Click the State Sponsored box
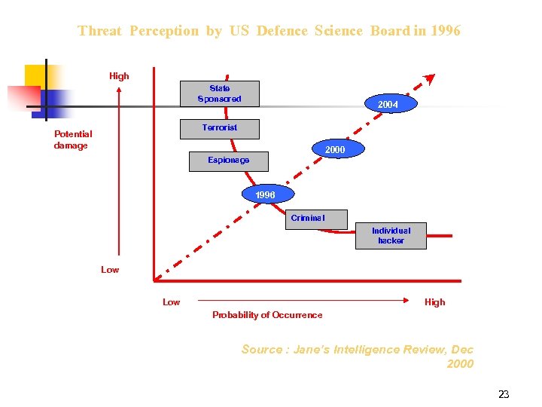pos(219,94)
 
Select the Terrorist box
pos(219,128)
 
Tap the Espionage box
pos(228,161)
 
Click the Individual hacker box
pos(391,235)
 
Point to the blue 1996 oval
pos(265,195)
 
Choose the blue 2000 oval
pos(335,150)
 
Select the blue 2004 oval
pos(388,105)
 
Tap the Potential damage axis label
pos(73,140)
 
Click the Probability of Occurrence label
pos(267,315)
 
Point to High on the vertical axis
pos(119,76)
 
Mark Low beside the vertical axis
pos(110,270)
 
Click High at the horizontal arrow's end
pos(434,302)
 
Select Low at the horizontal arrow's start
pos(172,302)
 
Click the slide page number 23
pos(504,394)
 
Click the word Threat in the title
pos(99,31)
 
